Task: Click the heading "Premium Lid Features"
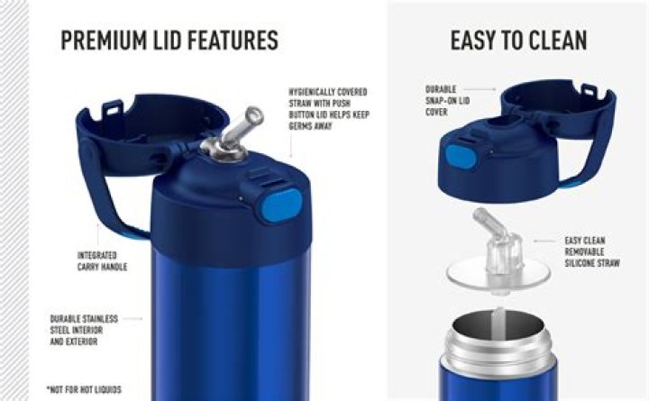pos(169,41)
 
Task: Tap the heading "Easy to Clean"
pos(518,41)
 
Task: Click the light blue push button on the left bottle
pos(281,205)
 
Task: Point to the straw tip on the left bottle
pos(254,115)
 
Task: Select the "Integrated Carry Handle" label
pos(102,261)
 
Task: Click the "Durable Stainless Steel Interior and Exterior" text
pos(84,330)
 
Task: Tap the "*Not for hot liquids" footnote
pos(84,390)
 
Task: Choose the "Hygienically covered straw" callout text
pos(329,109)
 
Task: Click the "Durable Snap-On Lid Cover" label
pos(447,101)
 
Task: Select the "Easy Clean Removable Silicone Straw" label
pos(592,251)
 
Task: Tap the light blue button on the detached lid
pos(462,158)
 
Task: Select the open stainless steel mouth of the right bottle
pos(498,327)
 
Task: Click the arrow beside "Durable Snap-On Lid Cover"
pos(480,89)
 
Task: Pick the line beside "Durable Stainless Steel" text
pos(133,319)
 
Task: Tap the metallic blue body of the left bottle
pos(230,327)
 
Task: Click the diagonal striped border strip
pos(14,200)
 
